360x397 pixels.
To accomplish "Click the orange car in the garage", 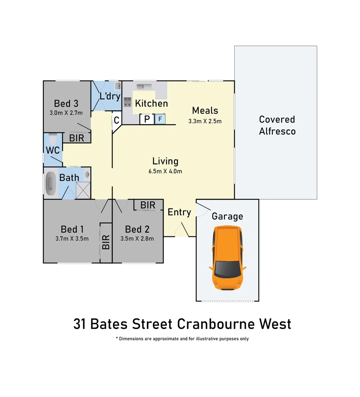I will click(x=227, y=257).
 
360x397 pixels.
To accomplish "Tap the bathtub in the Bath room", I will click(x=50, y=183).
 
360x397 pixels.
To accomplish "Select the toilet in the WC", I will click(x=52, y=140).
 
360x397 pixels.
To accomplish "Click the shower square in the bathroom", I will click(x=83, y=190).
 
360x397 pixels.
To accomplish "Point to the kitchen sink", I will click(x=142, y=86).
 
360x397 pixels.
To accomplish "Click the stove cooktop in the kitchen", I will click(x=128, y=101).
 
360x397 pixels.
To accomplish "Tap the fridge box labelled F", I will click(x=160, y=119).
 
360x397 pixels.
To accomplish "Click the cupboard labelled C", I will click(x=116, y=120).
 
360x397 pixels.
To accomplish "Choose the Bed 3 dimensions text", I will click(x=66, y=112).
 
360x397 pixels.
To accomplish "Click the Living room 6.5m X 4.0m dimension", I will click(x=165, y=171).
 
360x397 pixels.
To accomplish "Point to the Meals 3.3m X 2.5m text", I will click(x=205, y=121).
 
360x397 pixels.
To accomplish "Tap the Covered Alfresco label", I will click(x=277, y=125).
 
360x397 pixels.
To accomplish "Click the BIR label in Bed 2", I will click(x=148, y=205).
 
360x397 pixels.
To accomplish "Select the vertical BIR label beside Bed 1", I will click(x=106, y=242).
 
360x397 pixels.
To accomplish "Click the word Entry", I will click(x=179, y=212).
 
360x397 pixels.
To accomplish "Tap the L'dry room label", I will click(x=110, y=96).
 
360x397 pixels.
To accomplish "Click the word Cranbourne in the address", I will click(x=215, y=324).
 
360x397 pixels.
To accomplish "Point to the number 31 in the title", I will click(x=80, y=324).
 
